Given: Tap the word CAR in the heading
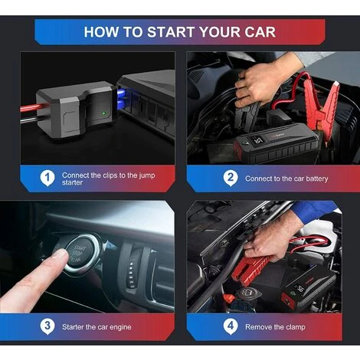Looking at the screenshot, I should tap(258, 32).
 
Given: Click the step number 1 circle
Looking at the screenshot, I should tap(47, 178).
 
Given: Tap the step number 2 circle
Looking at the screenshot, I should tap(230, 178).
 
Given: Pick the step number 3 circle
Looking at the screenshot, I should tap(47, 326).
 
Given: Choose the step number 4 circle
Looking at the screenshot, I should tap(230, 326).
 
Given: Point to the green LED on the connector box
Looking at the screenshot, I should tap(103, 116).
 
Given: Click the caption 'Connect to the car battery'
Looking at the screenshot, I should tap(286, 178).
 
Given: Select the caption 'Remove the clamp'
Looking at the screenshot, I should tap(275, 327).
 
